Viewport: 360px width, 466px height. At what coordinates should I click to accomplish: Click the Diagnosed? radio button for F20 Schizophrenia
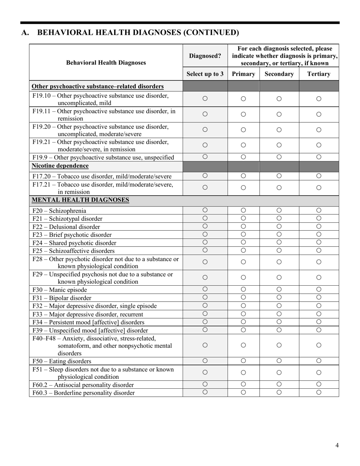[x=205, y=210]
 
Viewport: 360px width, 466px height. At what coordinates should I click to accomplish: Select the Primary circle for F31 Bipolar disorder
[x=243, y=297]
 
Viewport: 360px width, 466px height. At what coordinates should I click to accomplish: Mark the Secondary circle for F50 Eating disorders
[x=279, y=361]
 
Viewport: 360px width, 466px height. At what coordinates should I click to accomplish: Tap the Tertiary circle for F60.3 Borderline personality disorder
[x=319, y=393]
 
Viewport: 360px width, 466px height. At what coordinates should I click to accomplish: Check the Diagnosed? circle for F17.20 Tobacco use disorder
[x=205, y=176]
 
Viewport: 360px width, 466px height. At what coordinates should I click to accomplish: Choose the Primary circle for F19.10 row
[x=243, y=99]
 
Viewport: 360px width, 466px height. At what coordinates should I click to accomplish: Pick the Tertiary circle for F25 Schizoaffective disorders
[x=319, y=250]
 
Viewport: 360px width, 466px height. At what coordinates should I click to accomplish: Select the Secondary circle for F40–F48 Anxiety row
[x=279, y=345]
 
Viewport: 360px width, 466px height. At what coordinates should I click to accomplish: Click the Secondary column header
[x=279, y=74]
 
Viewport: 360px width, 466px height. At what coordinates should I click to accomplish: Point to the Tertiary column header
[x=319, y=74]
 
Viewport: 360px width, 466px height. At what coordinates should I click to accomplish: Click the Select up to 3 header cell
[x=205, y=74]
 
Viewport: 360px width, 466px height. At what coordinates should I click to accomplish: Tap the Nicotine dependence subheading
[x=60, y=166]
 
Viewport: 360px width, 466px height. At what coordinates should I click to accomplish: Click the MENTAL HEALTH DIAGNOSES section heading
[x=80, y=200]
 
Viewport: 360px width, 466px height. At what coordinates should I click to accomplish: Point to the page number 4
[x=337, y=445]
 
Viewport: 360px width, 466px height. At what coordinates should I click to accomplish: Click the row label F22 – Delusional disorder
[x=66, y=227]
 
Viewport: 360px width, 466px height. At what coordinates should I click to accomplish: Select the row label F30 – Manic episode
[x=59, y=290]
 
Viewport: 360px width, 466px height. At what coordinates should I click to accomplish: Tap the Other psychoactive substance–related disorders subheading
[x=98, y=86]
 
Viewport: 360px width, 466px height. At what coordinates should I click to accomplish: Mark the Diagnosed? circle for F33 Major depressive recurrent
[x=205, y=314]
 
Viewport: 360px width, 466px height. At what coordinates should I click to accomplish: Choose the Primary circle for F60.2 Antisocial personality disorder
[x=243, y=385]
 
